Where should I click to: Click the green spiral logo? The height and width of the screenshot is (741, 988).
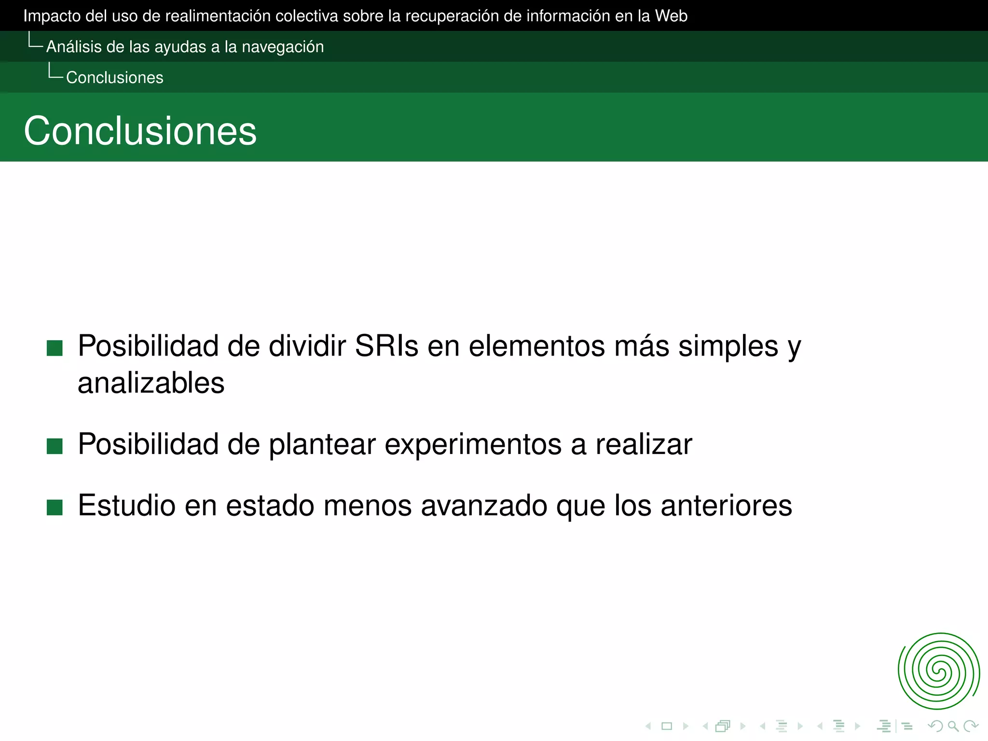pyautogui.click(x=938, y=671)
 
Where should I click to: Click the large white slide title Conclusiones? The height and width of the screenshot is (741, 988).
pyautogui.click(x=140, y=131)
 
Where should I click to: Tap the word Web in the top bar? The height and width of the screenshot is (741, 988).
pyautogui.click(x=671, y=16)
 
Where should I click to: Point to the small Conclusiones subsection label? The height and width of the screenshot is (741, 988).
pyautogui.click(x=115, y=78)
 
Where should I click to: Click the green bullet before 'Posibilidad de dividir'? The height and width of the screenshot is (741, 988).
pyautogui.click(x=55, y=348)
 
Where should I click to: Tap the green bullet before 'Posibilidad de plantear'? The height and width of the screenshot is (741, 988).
pyautogui.click(x=55, y=446)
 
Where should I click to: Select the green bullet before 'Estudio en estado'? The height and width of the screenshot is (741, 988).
pyautogui.click(x=55, y=508)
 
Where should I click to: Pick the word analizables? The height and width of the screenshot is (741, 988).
pyautogui.click(x=151, y=383)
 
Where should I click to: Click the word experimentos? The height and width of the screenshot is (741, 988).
pyautogui.click(x=473, y=444)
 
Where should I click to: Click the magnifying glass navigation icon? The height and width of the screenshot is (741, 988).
pyautogui.click(x=953, y=726)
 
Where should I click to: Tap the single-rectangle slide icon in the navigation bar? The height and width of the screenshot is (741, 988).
pyautogui.click(x=667, y=726)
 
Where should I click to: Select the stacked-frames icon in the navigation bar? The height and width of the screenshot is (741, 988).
pyautogui.click(x=723, y=726)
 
